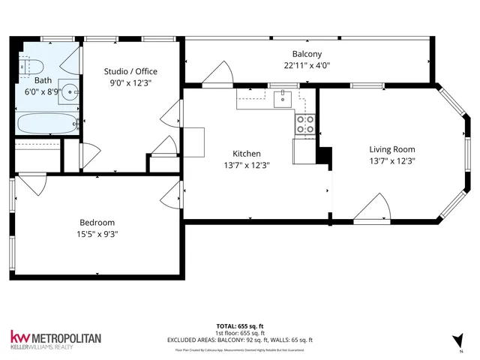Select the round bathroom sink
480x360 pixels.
[70, 93]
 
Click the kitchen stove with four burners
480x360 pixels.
[305, 124]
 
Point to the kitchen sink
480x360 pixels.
[283, 98]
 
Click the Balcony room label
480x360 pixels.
[307, 54]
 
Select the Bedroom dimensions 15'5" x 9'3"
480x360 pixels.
[97, 234]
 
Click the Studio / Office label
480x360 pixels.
[130, 72]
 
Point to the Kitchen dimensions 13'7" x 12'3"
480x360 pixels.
[246, 165]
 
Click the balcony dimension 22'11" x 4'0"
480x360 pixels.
[307, 65]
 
